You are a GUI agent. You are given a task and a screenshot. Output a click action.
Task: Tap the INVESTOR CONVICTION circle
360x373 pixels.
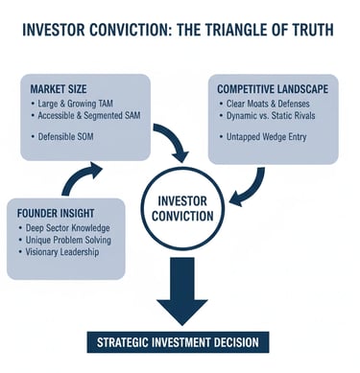(x=180, y=207)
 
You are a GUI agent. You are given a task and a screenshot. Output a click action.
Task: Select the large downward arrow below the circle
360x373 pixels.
(x=180, y=288)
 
